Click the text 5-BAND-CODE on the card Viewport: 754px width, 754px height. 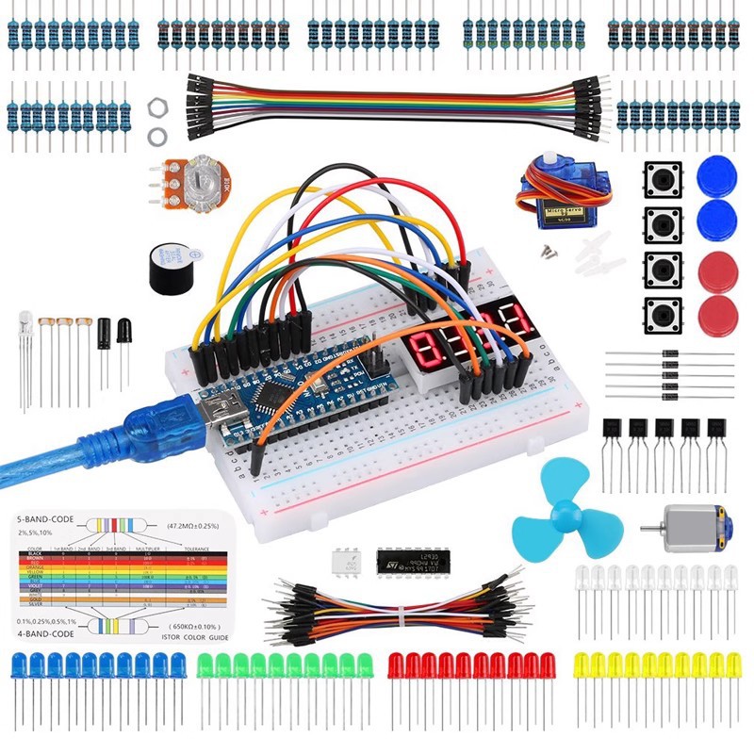pos(50,520)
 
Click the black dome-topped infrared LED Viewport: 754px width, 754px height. pos(123,330)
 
